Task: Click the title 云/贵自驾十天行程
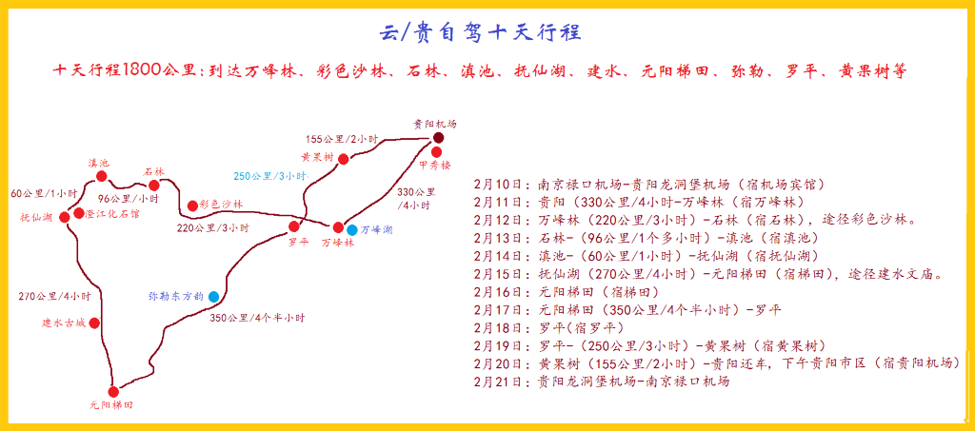click(481, 31)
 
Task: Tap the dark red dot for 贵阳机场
click(439, 138)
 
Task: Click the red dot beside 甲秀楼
click(436, 151)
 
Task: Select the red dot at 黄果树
click(343, 159)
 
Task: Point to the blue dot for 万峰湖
click(352, 230)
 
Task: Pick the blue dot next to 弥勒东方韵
click(214, 297)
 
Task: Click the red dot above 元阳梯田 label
click(113, 391)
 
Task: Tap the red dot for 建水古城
click(94, 323)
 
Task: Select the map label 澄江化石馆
click(112, 214)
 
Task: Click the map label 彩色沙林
click(222, 205)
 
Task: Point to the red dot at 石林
click(154, 186)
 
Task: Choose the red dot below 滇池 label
click(102, 176)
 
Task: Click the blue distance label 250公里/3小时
click(270, 176)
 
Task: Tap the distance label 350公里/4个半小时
click(257, 318)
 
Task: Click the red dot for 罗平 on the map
click(294, 226)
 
